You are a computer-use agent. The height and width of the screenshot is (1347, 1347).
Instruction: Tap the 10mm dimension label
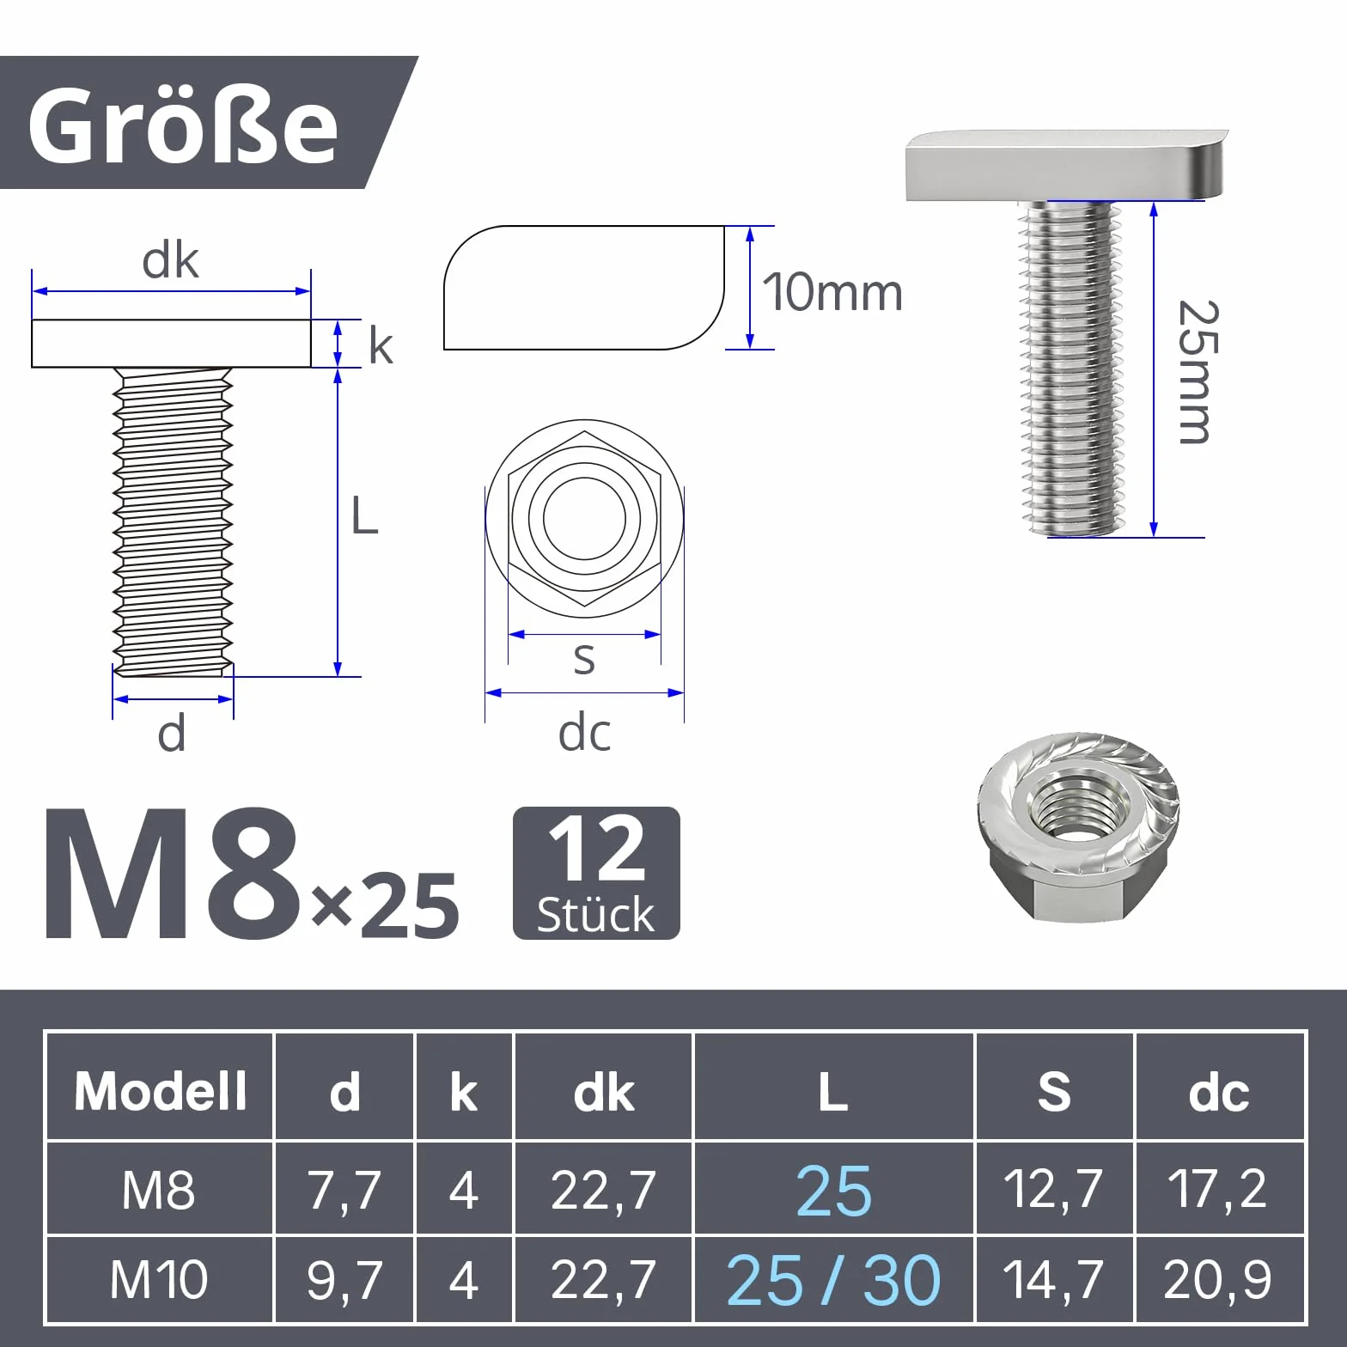pyautogui.click(x=832, y=292)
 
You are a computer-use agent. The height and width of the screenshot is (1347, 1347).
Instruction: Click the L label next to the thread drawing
pyautogui.click(x=364, y=516)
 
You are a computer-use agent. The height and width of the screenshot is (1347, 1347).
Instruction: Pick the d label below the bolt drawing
pyautogui.click(x=172, y=734)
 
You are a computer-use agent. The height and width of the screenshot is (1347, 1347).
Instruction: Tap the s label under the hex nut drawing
pyautogui.click(x=584, y=659)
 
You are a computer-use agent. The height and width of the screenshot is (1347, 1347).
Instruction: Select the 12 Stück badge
pyautogui.click(x=596, y=873)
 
